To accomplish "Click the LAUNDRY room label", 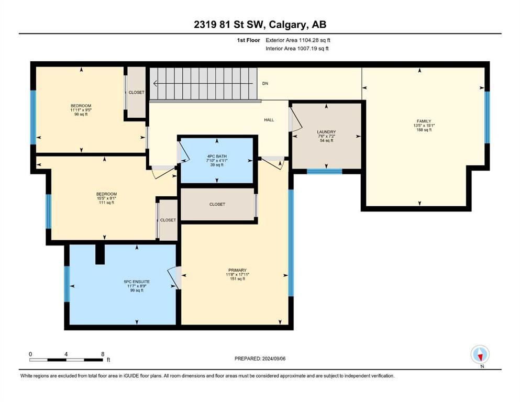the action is click(326, 132).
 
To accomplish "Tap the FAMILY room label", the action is click(424, 121).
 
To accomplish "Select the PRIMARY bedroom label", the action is click(237, 270).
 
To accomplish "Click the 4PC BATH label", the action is click(217, 157).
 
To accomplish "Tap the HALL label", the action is click(269, 120).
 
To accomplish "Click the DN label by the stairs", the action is click(265, 84).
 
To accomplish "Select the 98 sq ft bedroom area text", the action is click(81, 114).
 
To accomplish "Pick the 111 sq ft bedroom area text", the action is click(106, 203).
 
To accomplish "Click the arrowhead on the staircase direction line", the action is click(155, 84).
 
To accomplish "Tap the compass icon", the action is click(480, 354).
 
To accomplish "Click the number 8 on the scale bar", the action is click(103, 354).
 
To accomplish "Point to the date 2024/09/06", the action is click(273, 359).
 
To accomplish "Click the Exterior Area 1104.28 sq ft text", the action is click(298, 40).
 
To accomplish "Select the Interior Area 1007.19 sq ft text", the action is click(297, 48).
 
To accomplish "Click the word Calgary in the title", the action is click(287, 25).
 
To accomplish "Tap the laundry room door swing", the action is click(295, 119).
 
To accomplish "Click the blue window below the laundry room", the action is click(324, 171).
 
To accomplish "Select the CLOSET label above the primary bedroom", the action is click(217, 205).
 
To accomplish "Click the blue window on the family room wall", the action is click(487, 117).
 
